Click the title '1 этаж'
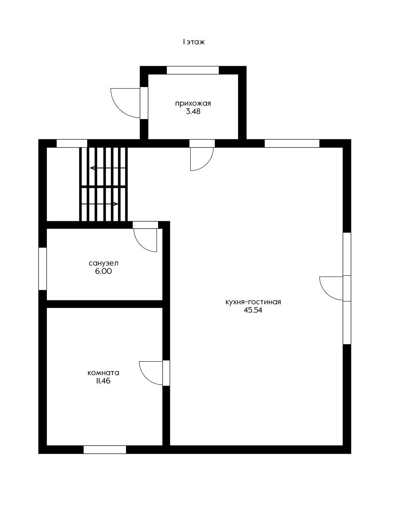[193, 42]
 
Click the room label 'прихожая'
[193, 104]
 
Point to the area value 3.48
[193, 112]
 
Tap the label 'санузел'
[103, 263]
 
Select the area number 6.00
[103, 271]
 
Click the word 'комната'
[103, 373]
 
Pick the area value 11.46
[103, 381]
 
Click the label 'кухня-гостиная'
[253, 302]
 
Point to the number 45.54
[253, 310]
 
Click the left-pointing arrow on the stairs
[108, 168]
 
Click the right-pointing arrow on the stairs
[100, 204]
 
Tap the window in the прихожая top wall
[193, 70]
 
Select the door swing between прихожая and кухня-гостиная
[207, 164]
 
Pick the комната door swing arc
[146, 378]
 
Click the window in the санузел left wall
[43, 269]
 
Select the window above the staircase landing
[72, 143]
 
